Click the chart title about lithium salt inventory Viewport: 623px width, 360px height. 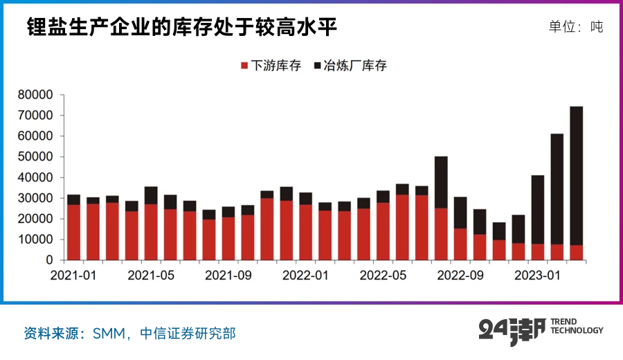pos(182,27)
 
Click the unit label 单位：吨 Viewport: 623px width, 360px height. pos(575,27)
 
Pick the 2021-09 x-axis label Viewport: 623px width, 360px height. pos(228,275)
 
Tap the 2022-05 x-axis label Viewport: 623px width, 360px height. pos(383,275)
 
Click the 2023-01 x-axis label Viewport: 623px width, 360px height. pos(538,275)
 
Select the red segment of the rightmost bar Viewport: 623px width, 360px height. pos(576,253)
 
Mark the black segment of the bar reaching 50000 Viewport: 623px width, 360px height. pos(441,182)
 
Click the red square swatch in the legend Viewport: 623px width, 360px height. pos(244,66)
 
